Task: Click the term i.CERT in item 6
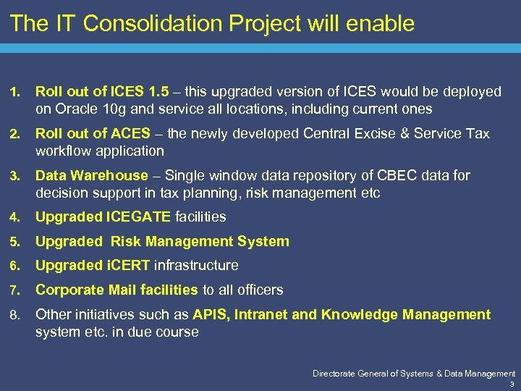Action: pos(128,266)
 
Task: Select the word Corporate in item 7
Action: pos(67,290)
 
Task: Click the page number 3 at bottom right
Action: pos(512,384)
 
